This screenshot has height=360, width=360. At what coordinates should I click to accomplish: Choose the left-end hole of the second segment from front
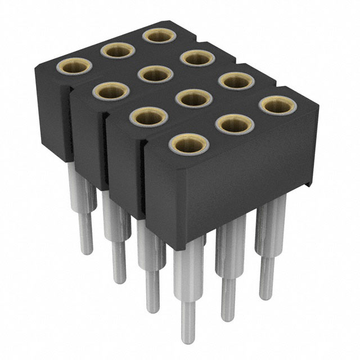pos(150,116)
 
